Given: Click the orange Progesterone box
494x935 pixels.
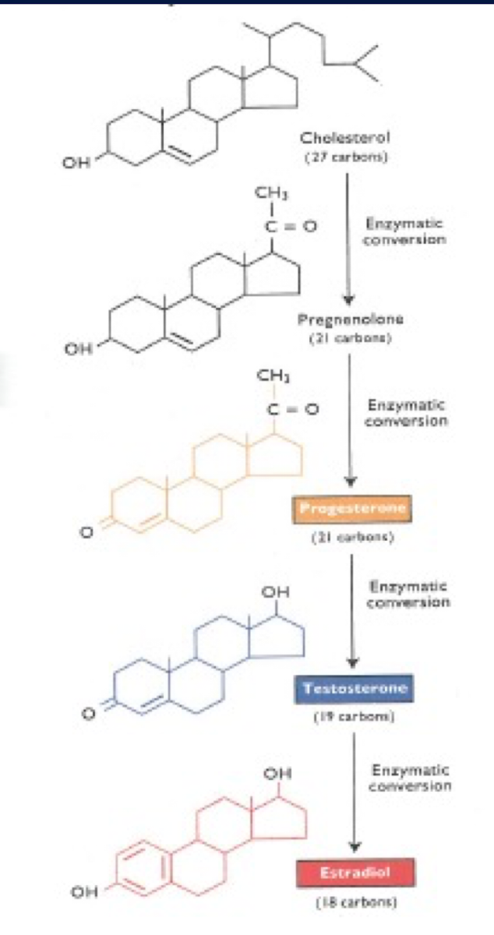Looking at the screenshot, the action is [x=351, y=510].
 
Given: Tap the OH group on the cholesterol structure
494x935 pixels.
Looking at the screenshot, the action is [x=76, y=163].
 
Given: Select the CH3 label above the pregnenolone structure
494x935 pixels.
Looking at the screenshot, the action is [x=268, y=192].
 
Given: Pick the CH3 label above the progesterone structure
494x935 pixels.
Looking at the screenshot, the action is [x=270, y=378].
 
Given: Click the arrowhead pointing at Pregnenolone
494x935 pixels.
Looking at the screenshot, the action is [x=349, y=299].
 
